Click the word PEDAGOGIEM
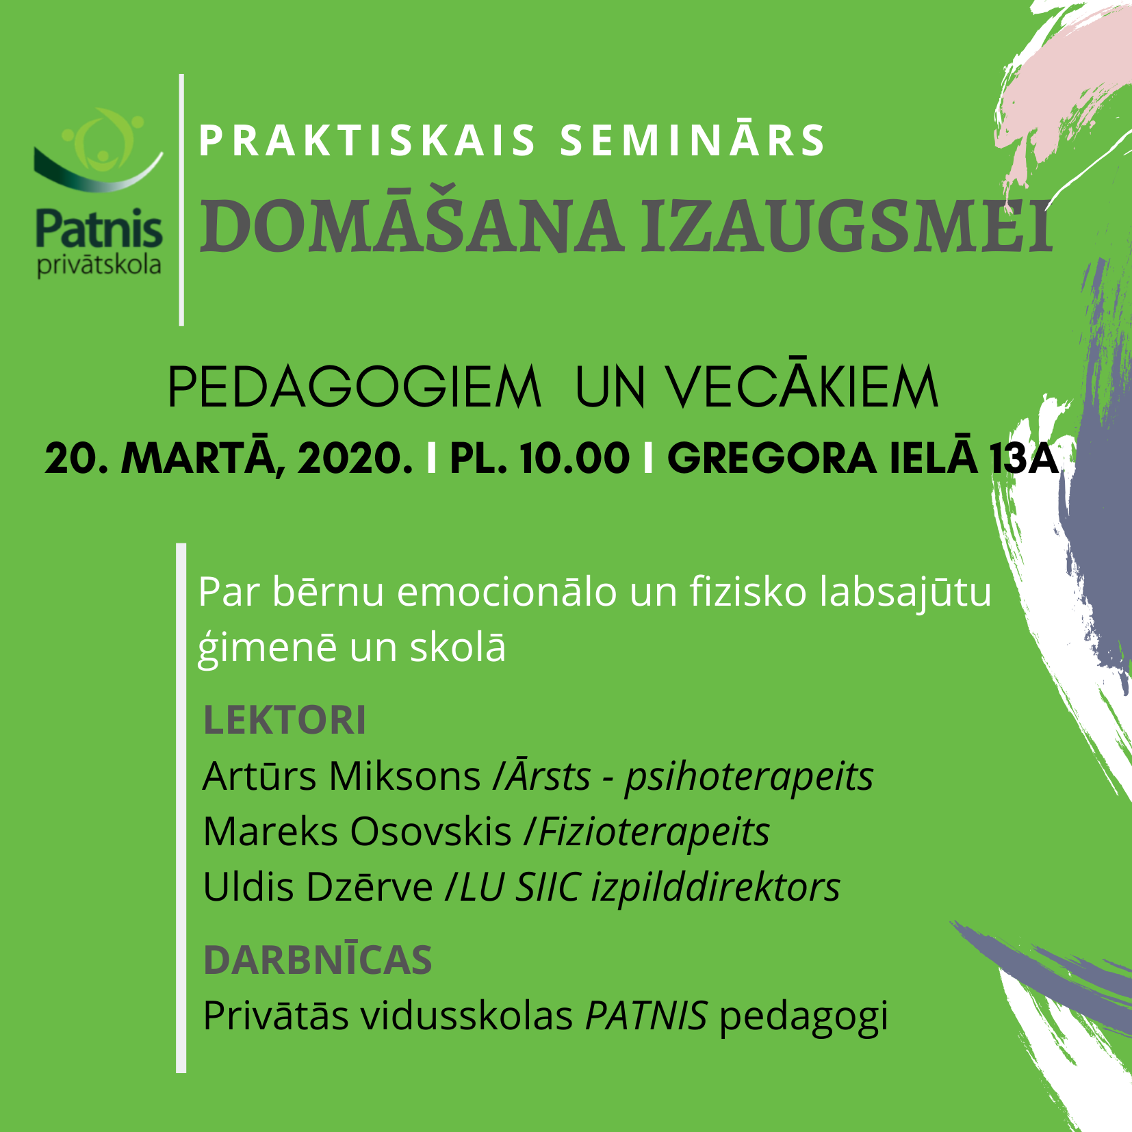[x=355, y=387]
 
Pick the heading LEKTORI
[x=285, y=721]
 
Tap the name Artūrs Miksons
[x=342, y=776]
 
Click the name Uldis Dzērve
[x=318, y=887]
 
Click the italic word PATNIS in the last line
[x=646, y=1016]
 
